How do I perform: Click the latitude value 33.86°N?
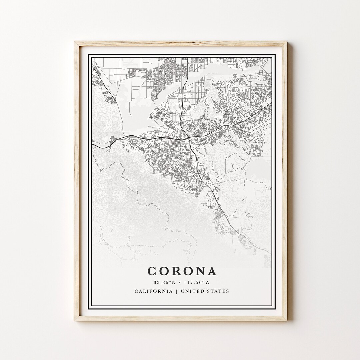[x=164, y=283]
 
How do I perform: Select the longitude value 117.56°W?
[x=196, y=283]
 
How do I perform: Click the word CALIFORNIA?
[x=153, y=291]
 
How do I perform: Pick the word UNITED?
[x=192, y=291]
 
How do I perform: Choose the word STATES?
[x=218, y=291]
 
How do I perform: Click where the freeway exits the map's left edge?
[x=93, y=143]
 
